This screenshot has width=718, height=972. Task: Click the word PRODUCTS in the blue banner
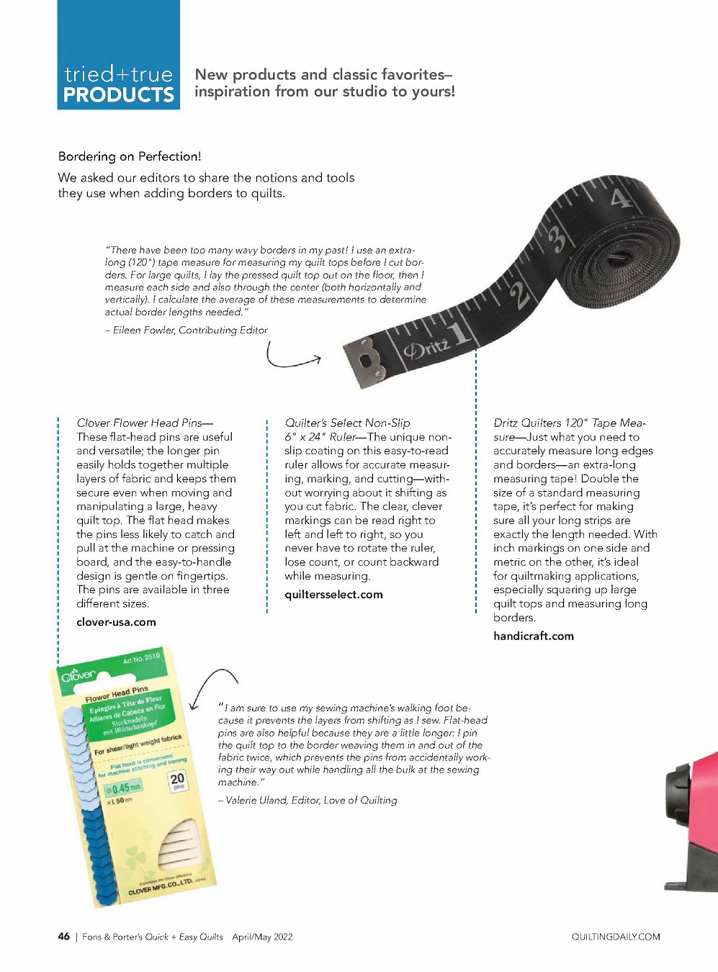coord(119,95)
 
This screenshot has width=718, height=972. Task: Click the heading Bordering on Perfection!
coord(130,156)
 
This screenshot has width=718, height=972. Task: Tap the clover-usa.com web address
coord(116,622)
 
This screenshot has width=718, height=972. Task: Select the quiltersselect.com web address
coord(333,595)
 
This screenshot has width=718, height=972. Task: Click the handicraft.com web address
coord(534,636)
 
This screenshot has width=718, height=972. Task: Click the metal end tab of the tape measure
coord(368,364)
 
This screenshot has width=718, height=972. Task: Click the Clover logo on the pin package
coord(78,675)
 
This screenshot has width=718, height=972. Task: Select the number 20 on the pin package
coord(177,779)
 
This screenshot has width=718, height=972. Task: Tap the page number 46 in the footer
coord(64,937)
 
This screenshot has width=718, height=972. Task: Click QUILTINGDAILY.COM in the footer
coord(616,937)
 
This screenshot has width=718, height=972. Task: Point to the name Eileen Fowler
coord(143,330)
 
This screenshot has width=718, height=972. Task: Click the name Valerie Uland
coord(256,800)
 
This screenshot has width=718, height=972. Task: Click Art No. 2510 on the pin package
coord(141,658)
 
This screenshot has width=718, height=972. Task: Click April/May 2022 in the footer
coord(262,937)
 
